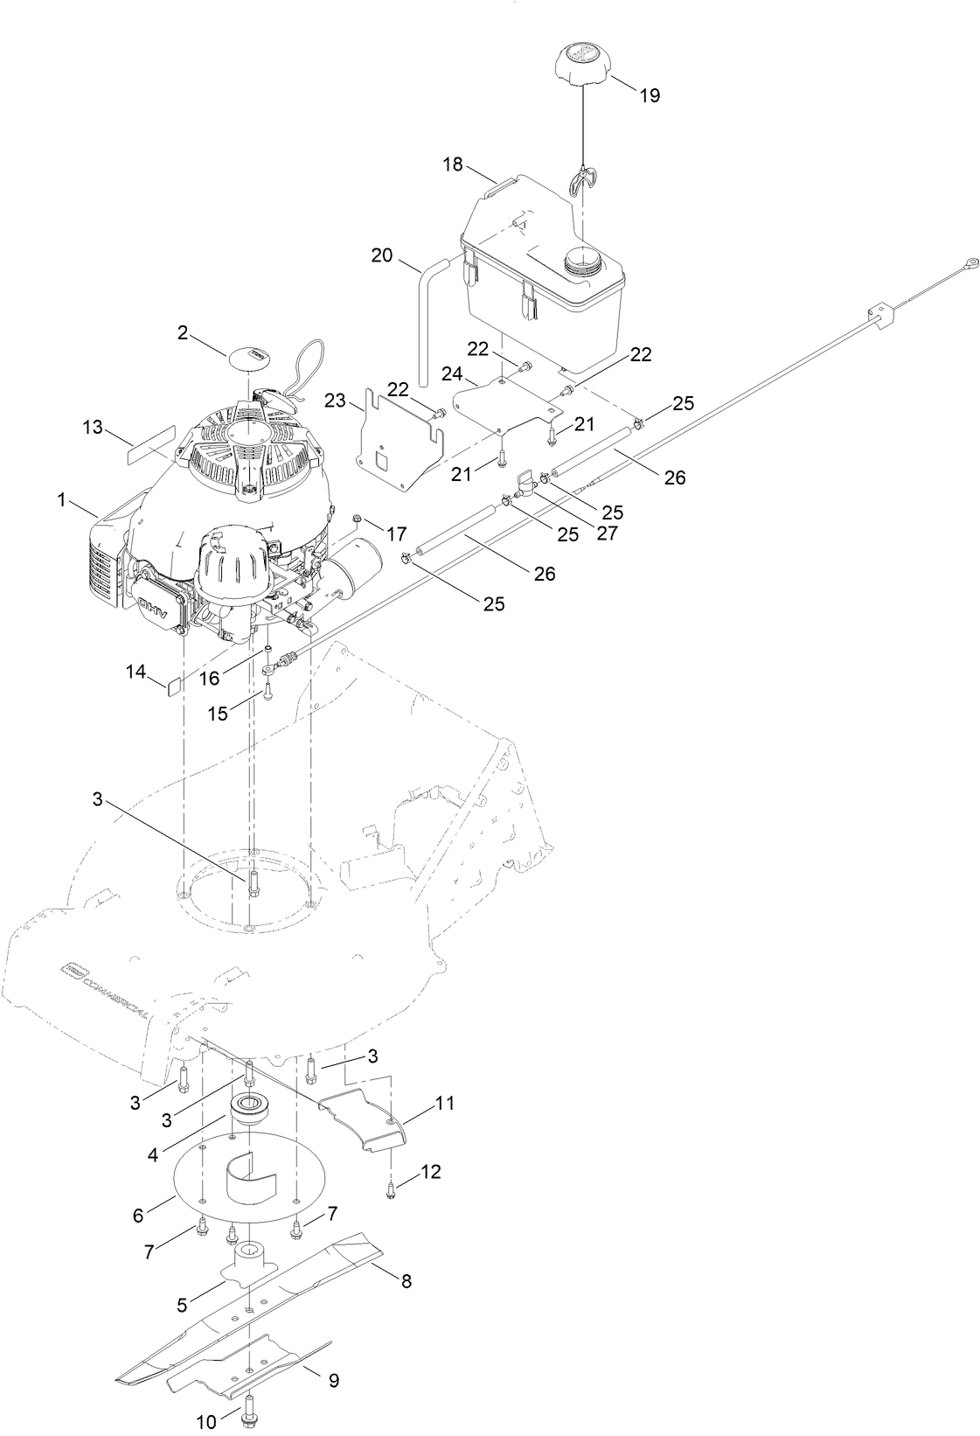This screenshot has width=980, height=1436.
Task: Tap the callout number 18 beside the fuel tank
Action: coord(452,165)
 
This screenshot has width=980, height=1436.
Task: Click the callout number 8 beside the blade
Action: coord(407,1281)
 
